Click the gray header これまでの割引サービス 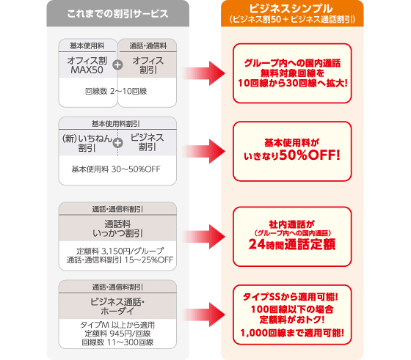point(117,14)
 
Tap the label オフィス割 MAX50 point(87,65)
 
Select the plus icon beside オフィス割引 point(117,65)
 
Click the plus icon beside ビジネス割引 point(117,143)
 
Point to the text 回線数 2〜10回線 point(116,91)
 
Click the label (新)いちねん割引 point(87,143)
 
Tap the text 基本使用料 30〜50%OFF point(116,169)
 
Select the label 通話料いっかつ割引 point(117,229)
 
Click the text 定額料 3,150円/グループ point(120,251)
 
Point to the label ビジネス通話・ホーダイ point(117,306)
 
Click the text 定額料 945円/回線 point(117,334)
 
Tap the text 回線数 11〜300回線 point(117,342)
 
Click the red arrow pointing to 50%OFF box point(204,151)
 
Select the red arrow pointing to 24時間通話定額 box point(204,237)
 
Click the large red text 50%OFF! point(310,155)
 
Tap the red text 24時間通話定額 point(292,244)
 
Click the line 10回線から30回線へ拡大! point(293,83)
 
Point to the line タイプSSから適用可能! point(291,297)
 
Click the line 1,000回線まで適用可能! point(292,333)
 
